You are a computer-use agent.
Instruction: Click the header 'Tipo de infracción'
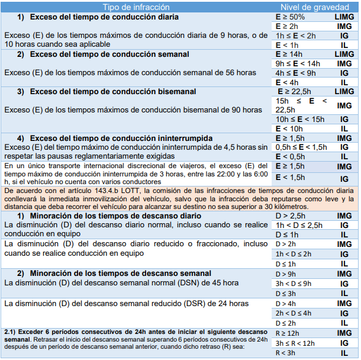point(137,6)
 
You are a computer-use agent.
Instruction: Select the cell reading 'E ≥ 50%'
point(290,17)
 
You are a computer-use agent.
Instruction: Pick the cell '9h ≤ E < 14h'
point(298,63)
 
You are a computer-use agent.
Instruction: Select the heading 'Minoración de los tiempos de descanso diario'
point(115,216)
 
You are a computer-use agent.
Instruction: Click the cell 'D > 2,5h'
point(291,216)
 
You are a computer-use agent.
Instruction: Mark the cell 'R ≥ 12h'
point(289,333)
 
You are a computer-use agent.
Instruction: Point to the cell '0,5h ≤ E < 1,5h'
point(301,147)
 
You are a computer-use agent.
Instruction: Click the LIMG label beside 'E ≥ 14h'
point(343,54)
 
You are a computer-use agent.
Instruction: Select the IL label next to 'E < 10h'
point(343,128)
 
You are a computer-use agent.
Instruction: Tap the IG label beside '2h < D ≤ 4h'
point(343,313)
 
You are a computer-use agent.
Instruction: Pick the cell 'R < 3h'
point(288,353)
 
